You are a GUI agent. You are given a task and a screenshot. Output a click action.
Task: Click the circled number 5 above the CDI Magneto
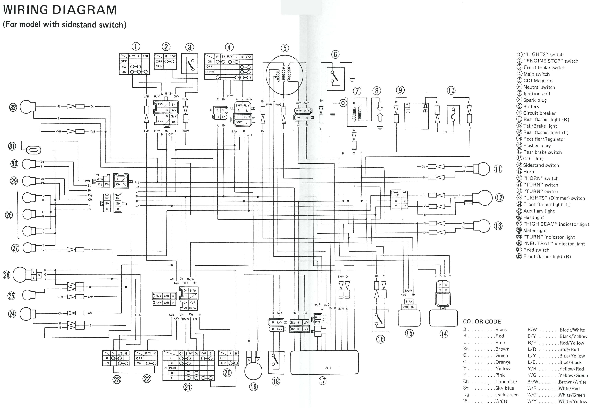coord(285,48)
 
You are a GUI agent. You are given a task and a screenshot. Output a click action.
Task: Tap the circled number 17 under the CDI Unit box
coord(322,381)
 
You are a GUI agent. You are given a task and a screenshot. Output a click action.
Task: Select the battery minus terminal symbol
coord(408,111)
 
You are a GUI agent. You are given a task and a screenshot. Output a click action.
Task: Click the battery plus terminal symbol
coord(425,111)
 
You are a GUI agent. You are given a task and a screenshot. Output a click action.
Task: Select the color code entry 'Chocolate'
coord(506,382)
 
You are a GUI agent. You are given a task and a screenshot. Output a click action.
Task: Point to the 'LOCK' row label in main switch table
coord(209,72)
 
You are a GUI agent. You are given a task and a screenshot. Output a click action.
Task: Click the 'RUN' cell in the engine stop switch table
coord(159,66)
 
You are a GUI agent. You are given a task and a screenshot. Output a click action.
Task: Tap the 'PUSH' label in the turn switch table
coord(173,368)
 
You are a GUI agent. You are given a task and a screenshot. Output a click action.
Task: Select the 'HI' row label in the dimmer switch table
coord(106,358)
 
